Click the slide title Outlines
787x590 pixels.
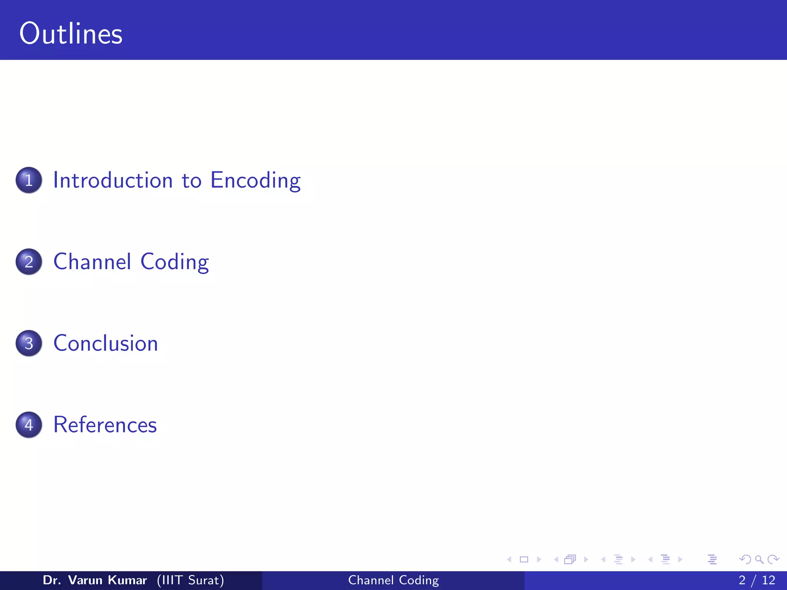(x=71, y=34)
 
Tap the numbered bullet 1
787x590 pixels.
(x=29, y=180)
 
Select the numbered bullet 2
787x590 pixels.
(x=29, y=262)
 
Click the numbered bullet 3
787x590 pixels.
(x=29, y=343)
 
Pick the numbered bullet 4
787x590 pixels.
(x=29, y=425)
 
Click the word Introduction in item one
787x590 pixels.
(x=113, y=180)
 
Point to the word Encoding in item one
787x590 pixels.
(x=256, y=180)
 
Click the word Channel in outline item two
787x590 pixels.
(x=92, y=262)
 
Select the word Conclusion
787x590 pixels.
(x=106, y=343)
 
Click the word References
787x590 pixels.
(x=105, y=425)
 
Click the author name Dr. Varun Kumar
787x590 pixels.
(x=95, y=580)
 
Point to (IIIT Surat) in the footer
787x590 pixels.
(x=190, y=580)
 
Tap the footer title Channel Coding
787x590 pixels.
(x=393, y=580)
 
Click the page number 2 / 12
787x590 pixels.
(x=757, y=580)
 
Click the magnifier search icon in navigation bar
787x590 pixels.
(x=759, y=559)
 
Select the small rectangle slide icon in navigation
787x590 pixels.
(x=524, y=559)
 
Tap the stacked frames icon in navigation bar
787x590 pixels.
(x=570, y=559)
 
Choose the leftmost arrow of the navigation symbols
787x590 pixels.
(x=509, y=559)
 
